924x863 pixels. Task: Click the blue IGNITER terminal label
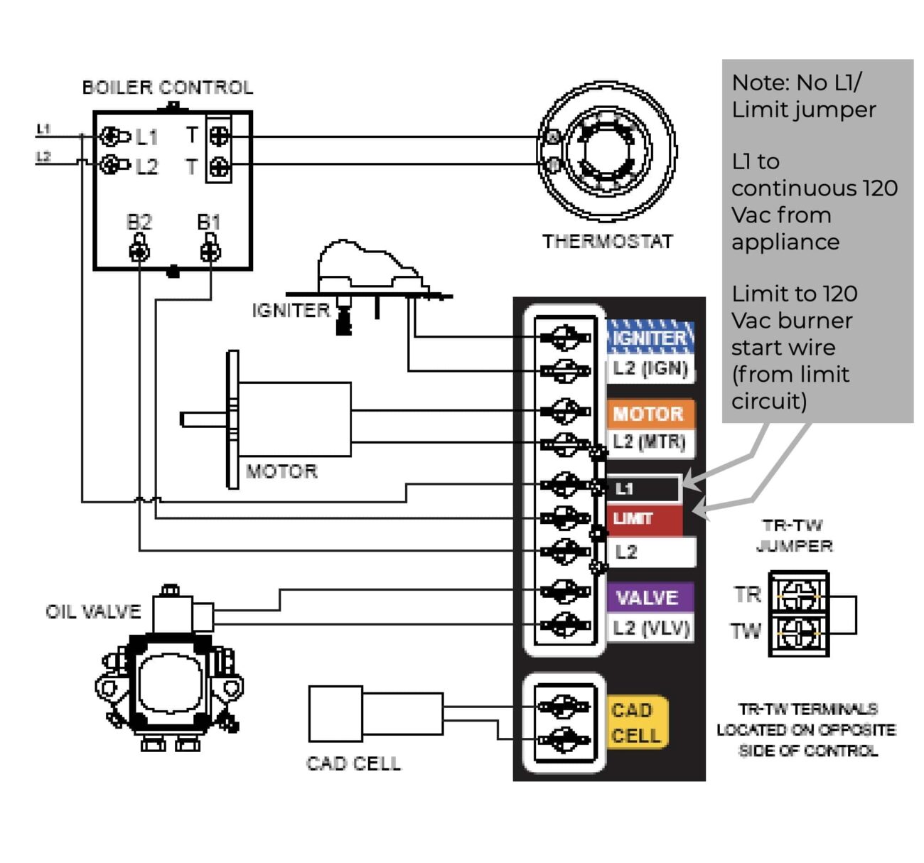coord(650,338)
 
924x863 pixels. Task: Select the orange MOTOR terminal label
coord(648,414)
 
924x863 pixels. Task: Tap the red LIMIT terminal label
coord(643,518)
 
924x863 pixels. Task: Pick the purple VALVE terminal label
coord(648,597)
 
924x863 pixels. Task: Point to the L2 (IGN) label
coord(650,369)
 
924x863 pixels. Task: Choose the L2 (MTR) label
coord(650,442)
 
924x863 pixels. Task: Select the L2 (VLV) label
coord(650,628)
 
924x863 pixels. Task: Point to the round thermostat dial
coord(606,151)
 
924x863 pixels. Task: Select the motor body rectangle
coord(294,419)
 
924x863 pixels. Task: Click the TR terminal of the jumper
coord(799,594)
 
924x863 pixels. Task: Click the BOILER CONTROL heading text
coord(168,87)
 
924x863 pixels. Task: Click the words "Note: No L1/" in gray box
coord(796,83)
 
